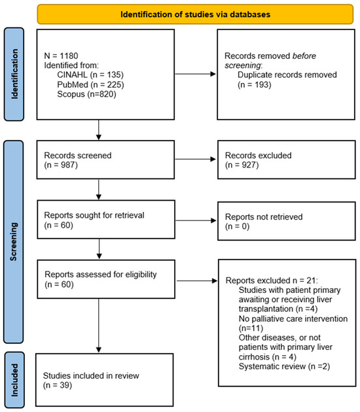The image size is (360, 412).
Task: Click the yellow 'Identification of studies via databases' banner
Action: [x=195, y=14]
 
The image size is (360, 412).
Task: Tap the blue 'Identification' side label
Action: [x=14, y=74]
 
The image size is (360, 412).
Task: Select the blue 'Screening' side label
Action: [x=13, y=242]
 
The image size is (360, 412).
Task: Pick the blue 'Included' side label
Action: [x=14, y=380]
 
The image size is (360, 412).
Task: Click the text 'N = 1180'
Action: [x=61, y=56]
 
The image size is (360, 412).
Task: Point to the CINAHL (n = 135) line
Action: [x=90, y=75]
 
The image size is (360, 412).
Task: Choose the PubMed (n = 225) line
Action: [x=90, y=84]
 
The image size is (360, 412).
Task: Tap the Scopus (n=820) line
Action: [x=86, y=94]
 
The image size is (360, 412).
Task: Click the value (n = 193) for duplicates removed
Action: [x=254, y=84]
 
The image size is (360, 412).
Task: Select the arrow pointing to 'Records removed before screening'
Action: [x=196, y=74]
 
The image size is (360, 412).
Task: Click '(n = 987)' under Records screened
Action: [x=61, y=165]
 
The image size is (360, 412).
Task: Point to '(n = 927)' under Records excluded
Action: [x=242, y=165]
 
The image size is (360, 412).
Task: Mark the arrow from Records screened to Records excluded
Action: [x=196, y=159]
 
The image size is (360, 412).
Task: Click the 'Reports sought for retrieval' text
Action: [x=94, y=215]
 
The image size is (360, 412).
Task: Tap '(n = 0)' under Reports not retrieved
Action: [x=237, y=226]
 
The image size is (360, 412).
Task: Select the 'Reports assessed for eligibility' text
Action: [x=101, y=275]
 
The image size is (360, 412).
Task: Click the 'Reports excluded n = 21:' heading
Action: [x=272, y=281]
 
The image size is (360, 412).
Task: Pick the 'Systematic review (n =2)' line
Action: [x=284, y=366]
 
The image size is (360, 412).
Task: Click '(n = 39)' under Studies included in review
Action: [x=58, y=385]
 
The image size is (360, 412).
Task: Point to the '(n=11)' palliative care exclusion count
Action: [x=251, y=328]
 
